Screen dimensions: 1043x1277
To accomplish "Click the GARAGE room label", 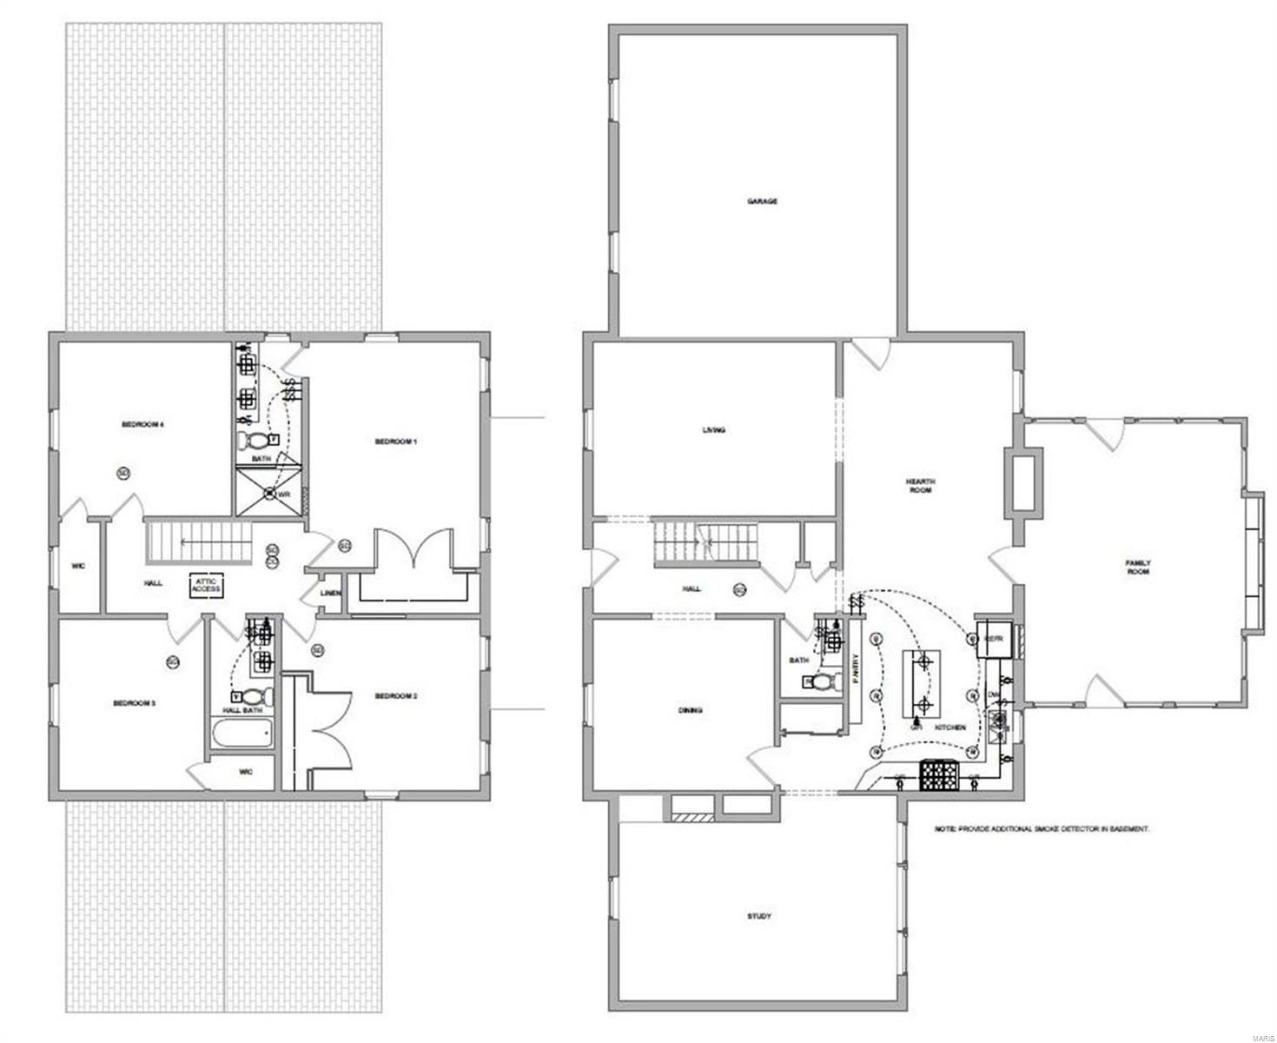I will click(x=762, y=202).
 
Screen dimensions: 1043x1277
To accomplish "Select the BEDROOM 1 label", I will click(x=396, y=442).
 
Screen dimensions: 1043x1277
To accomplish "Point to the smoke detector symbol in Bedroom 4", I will click(x=123, y=473).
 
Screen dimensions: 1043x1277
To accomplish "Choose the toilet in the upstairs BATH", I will click(x=255, y=441).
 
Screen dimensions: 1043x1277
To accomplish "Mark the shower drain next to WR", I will click(x=270, y=495).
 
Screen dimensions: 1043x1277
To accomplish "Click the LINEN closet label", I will click(x=330, y=594).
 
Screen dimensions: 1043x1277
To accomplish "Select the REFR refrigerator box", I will click(x=994, y=639).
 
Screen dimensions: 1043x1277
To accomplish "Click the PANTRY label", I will click(x=855, y=669).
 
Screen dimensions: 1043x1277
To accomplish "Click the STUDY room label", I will click(x=759, y=916).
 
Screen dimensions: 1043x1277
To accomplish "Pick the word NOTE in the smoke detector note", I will click(x=945, y=829).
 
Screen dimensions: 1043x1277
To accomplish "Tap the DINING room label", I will click(x=691, y=710).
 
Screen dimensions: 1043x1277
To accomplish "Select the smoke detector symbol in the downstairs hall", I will click(x=739, y=589).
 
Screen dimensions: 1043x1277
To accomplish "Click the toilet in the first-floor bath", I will click(x=822, y=681).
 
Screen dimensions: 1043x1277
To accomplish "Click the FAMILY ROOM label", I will click(x=1138, y=567).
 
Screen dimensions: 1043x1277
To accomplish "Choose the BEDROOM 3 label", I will click(x=134, y=703).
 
